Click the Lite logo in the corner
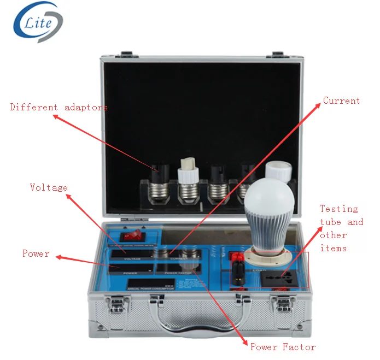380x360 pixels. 38,22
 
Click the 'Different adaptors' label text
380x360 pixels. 59,107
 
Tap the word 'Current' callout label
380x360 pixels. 341,101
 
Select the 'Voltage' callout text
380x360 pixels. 49,187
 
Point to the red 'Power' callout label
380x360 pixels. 36,253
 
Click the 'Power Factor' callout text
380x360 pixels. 283,347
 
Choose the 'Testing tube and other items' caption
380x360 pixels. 341,228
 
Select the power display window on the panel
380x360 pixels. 130,268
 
